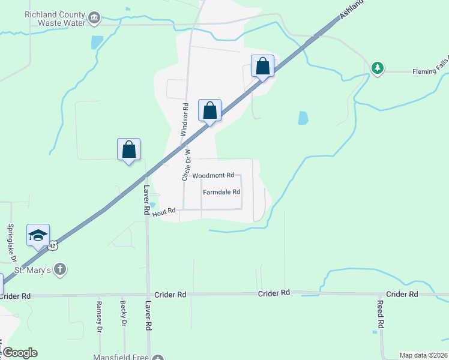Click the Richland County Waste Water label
(55, 18)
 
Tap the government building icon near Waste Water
(94, 19)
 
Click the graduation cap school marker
(38, 235)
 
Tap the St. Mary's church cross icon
(59, 269)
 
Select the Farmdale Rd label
(221, 193)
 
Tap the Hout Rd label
(163, 211)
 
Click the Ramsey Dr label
(99, 317)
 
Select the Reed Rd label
(381, 316)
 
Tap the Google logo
(19, 353)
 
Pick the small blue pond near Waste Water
(97, 43)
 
